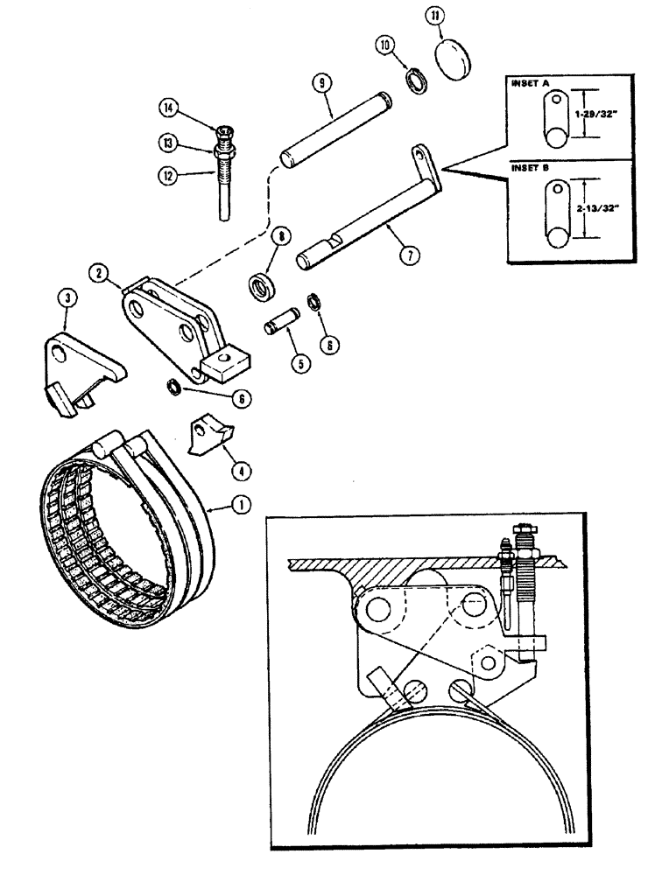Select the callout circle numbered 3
point(68,298)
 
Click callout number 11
point(436,17)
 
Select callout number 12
point(168,174)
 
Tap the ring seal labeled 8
point(260,287)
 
